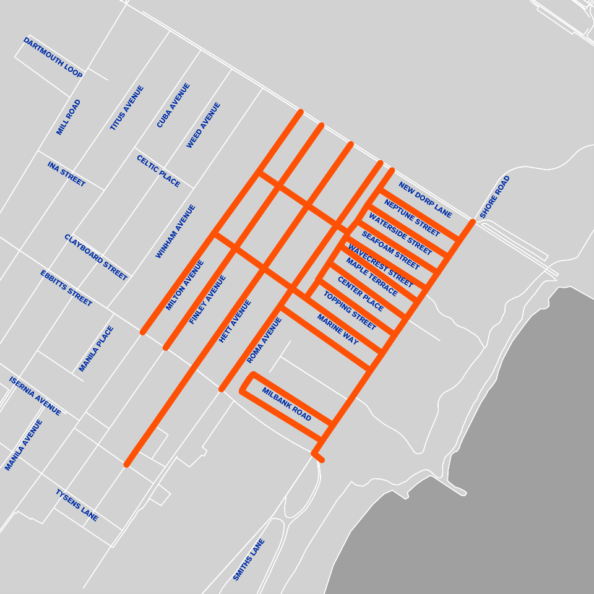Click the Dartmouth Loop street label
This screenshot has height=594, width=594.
53,58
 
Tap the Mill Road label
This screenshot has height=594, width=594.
69,118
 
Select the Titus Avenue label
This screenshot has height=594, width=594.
127,108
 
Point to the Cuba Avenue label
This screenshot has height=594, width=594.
173,106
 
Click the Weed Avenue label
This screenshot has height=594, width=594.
204,126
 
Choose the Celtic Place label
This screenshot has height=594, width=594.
158,171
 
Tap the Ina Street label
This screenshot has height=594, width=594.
66,174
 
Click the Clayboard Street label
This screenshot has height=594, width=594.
96,257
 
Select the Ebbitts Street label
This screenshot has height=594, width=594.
66,288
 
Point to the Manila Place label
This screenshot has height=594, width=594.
97,349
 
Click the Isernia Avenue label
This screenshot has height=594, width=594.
35,396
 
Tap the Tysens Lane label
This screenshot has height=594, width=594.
77,505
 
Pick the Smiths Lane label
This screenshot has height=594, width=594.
249,560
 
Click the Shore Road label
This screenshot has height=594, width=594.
495,197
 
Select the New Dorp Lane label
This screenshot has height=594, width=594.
425,200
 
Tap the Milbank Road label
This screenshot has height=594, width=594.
286,405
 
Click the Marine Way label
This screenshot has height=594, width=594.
338,330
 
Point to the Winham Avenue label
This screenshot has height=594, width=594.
176,231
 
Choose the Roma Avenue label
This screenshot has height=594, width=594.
264,340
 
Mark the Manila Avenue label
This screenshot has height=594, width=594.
24,445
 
